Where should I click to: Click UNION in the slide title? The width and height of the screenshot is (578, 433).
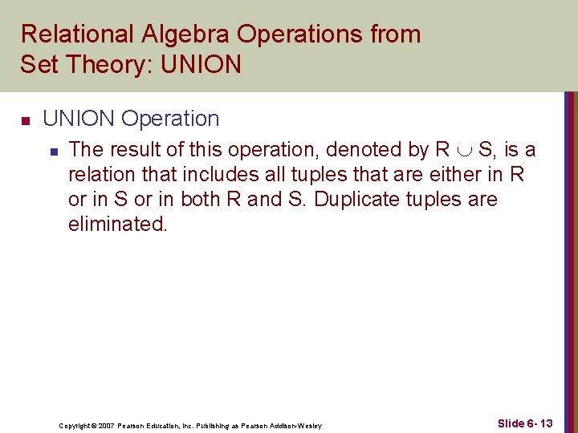point(201,64)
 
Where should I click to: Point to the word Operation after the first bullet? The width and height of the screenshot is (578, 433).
point(169,119)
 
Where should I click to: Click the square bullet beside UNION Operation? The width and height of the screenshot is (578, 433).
point(25,121)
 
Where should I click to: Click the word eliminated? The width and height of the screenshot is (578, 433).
point(117,225)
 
